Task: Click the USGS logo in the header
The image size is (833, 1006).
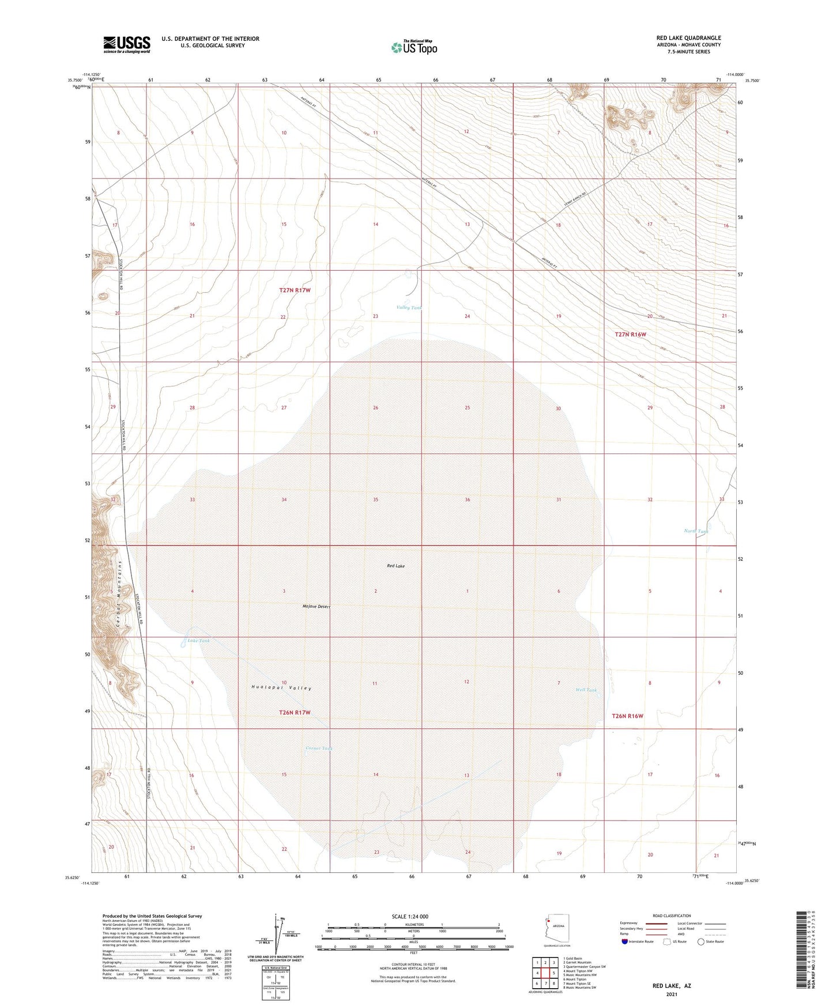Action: pos(126,44)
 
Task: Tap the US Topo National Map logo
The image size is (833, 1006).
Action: pos(414,47)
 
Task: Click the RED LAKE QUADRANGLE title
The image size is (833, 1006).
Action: pos(688,38)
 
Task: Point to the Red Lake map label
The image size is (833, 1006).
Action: pos(395,566)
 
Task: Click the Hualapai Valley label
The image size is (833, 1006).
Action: pos(281,687)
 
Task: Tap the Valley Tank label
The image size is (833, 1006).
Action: pos(409,308)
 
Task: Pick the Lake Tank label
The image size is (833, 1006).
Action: pos(198,640)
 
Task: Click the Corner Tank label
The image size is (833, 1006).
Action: pos(319,748)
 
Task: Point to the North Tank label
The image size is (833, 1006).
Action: pos(696,531)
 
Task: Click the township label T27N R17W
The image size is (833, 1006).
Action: pos(295,290)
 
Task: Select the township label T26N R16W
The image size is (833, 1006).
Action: pos(627,716)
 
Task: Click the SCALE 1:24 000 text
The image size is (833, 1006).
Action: pos(410,916)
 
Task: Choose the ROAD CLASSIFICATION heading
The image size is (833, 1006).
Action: pos(672,916)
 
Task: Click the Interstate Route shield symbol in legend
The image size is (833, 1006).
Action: pos(625,941)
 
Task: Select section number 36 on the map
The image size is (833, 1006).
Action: pos(467,500)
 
